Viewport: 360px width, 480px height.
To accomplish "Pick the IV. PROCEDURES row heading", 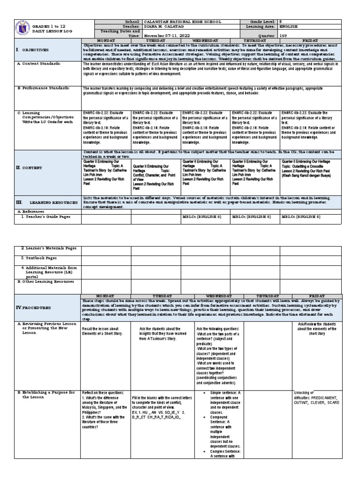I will pyautogui.click(x=33, y=307).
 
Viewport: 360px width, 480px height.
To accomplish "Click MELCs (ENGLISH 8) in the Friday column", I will pyautogui.click(x=300, y=217).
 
